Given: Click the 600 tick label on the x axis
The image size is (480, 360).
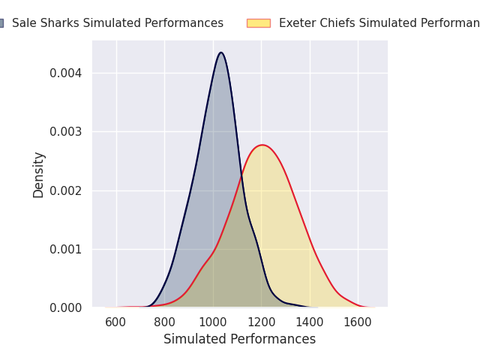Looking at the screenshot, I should [116, 322].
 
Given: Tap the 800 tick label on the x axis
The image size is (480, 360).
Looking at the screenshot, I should [164, 322].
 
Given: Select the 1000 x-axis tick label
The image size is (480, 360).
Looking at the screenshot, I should [213, 322].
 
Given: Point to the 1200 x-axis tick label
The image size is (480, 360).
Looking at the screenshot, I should [261, 322].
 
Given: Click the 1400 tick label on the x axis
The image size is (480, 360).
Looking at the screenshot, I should [310, 322].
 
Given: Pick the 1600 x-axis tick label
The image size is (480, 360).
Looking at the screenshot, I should [358, 322].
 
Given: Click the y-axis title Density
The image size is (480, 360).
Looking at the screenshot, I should [39, 174].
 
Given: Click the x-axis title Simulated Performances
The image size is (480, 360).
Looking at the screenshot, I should [240, 339].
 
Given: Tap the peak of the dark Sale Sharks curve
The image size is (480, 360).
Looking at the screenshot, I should [221, 52].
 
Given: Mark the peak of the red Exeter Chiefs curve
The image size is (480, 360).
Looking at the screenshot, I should [262, 145].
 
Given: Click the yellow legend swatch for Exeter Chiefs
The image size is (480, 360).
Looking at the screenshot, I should [258, 23].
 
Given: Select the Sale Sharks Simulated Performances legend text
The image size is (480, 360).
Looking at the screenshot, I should [118, 23].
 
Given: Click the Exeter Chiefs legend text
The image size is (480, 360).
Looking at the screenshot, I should [379, 23].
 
